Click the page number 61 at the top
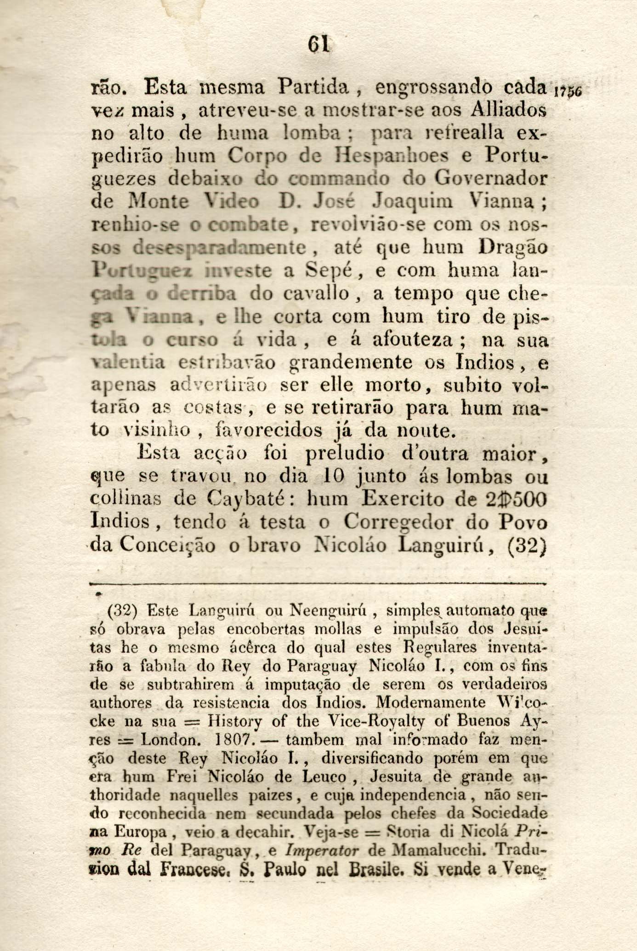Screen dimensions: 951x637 point(318,45)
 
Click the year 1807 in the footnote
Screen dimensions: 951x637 point(232,740)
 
